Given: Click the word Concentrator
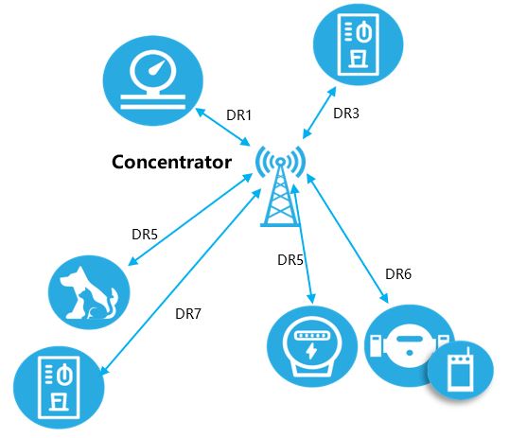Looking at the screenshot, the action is pos(171,162).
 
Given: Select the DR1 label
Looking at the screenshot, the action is pos(239,115).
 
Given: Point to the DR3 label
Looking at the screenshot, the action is pos(346,114).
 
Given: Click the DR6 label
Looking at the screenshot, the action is pos(398,274).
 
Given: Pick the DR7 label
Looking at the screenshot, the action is pos(188,314).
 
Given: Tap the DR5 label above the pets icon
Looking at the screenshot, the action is pos(145,234).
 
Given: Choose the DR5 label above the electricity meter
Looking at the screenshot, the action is pos(290,260).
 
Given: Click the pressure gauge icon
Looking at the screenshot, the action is pos(153,80).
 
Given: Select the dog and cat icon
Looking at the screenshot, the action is pos(89,292).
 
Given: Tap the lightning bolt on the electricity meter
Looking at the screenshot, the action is pos(311,351).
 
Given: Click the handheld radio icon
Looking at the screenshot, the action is pos(461,371).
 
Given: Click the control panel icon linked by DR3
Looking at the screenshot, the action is pos(358,44).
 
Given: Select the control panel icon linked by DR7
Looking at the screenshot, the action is pos(59,388).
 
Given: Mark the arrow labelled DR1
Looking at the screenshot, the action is pos(222,127).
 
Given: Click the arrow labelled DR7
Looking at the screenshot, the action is pos(181,282).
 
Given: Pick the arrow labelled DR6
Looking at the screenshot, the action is pos(347,238).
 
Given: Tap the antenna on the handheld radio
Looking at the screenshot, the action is pos(468,351).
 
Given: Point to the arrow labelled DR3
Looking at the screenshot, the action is pos(319,113).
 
